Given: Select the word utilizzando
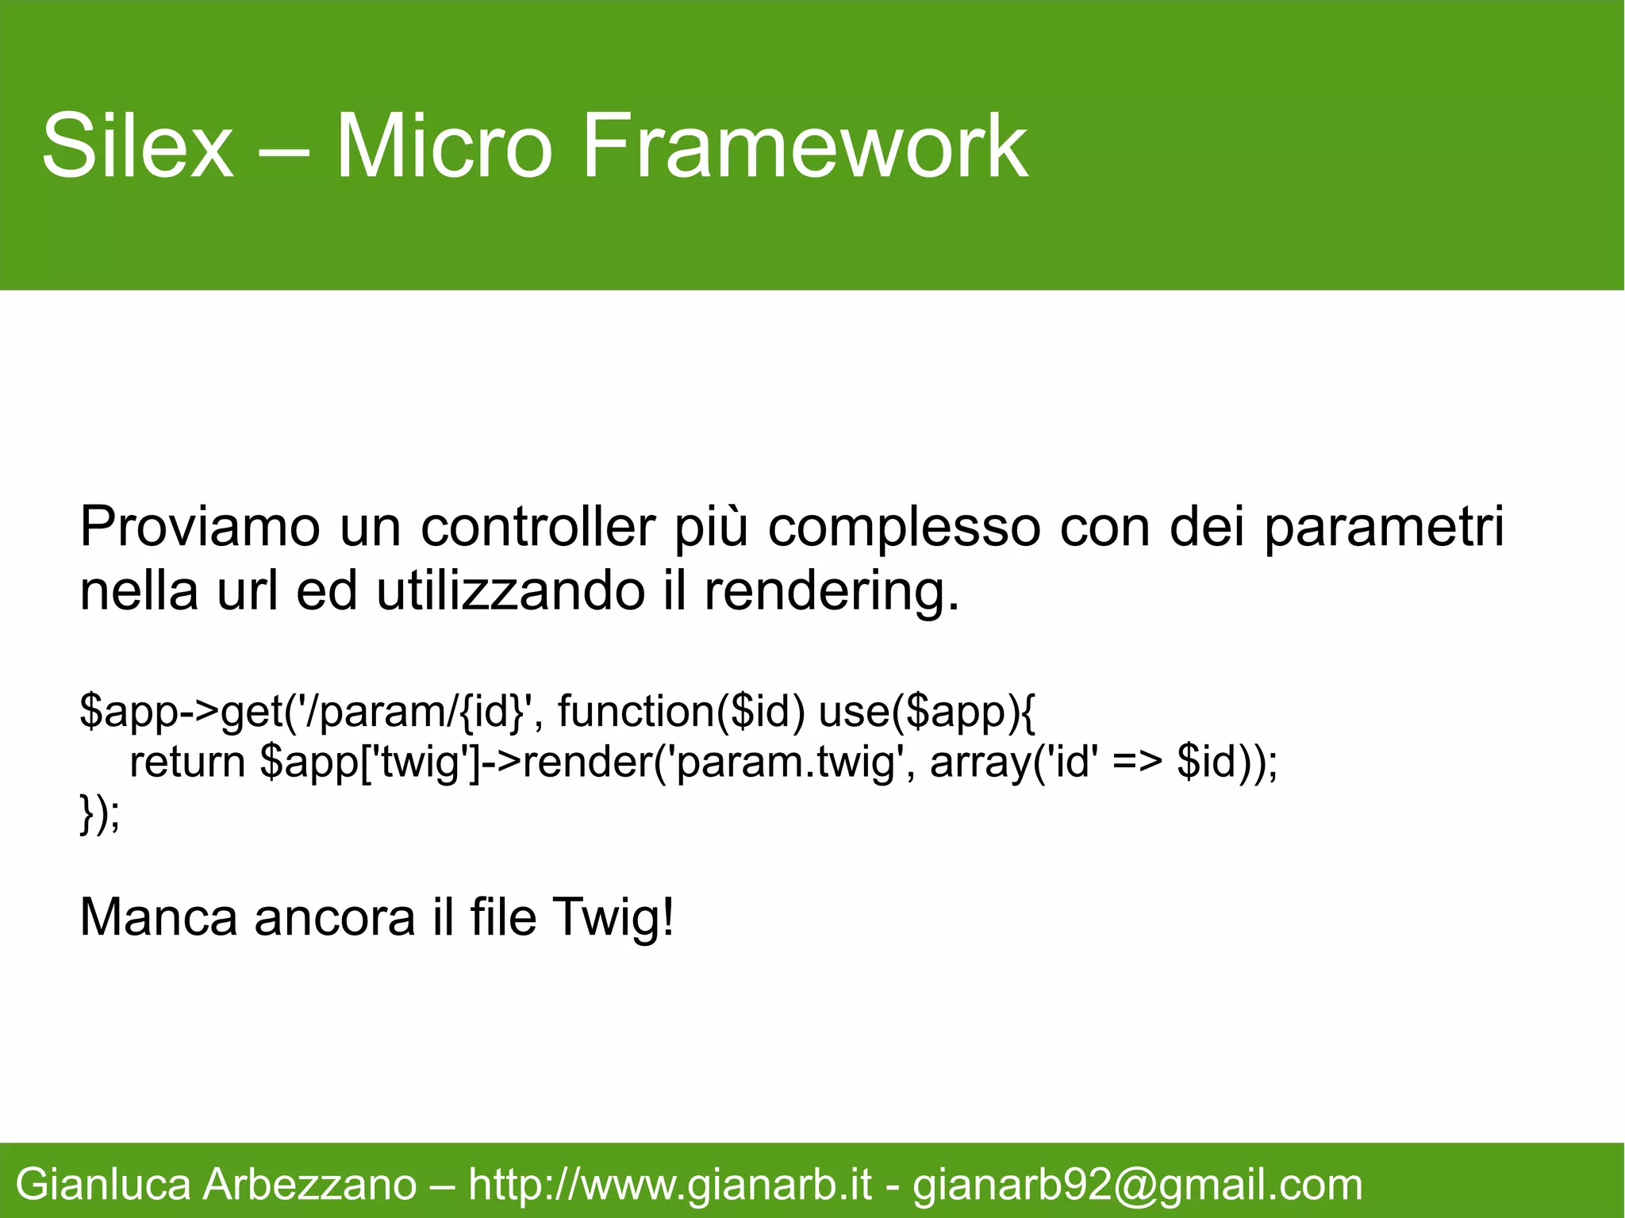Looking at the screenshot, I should [x=510, y=591].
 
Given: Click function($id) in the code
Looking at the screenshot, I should [x=681, y=711].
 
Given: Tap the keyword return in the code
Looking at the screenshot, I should [x=187, y=762].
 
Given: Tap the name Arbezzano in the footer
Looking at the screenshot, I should [x=309, y=1185].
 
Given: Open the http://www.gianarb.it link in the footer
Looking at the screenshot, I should [x=670, y=1185].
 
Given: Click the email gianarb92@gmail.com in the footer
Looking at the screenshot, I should [x=1137, y=1185].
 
